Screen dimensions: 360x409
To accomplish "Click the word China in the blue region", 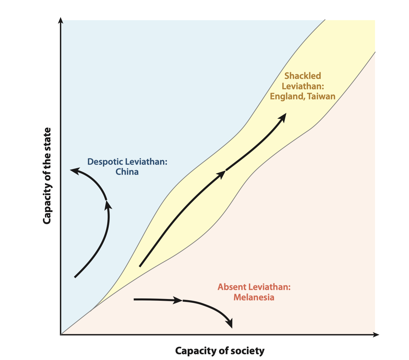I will pyautogui.click(x=127, y=172).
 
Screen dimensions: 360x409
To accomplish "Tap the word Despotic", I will pyautogui.click(x=105, y=162).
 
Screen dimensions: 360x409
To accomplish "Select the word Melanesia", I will pyautogui.click(x=254, y=297).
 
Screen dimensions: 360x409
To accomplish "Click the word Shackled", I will pyautogui.click(x=302, y=76).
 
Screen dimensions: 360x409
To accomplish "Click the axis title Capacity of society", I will pyautogui.click(x=220, y=351).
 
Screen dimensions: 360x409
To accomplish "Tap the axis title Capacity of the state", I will pyautogui.click(x=47, y=176).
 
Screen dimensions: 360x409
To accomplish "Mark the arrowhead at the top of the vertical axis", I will pyautogui.click(x=61, y=21).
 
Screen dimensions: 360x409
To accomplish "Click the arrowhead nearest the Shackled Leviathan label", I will pyautogui.click(x=283, y=116).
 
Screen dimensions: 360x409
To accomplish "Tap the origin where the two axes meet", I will pyautogui.click(x=61, y=335).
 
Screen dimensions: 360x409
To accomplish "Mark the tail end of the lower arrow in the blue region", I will pyautogui.click(x=75, y=277).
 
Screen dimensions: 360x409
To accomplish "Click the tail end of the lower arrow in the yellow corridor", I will pyautogui.click(x=140, y=266).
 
